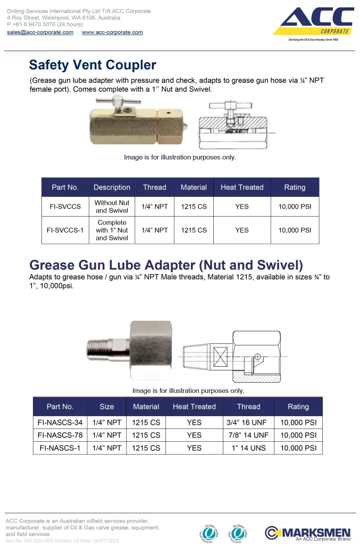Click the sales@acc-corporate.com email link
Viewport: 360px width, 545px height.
(x=40, y=32)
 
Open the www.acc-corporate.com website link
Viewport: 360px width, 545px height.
(x=112, y=32)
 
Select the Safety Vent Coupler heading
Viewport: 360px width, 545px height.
(x=93, y=65)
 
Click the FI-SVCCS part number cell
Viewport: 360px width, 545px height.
(x=65, y=207)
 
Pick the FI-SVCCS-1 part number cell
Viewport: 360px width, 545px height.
(x=65, y=230)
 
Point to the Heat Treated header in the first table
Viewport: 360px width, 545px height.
(x=242, y=187)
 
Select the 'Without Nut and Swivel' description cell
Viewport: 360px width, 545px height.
(x=112, y=207)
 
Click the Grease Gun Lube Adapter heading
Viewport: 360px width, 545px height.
(x=166, y=265)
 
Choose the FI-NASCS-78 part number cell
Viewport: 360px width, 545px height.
(x=60, y=435)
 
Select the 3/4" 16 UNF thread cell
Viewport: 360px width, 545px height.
(x=248, y=422)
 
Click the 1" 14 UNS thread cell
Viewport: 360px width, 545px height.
(x=248, y=448)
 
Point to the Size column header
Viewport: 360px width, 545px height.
(x=106, y=407)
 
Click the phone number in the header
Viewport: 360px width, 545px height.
(x=45, y=24)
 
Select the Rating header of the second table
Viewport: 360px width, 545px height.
(x=298, y=407)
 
